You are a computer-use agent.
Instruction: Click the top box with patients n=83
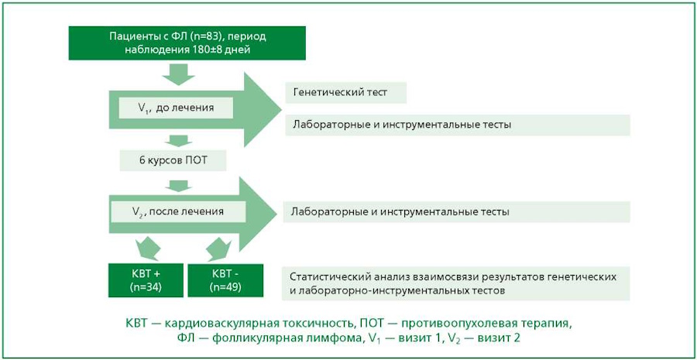tap(187, 43)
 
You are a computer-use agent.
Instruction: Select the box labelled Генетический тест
tap(346, 94)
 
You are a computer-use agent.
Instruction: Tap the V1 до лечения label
tap(176, 108)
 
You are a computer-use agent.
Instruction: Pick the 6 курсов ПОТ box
tap(173, 161)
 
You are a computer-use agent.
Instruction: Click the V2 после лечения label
tap(177, 211)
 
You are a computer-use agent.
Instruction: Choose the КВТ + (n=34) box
tap(146, 281)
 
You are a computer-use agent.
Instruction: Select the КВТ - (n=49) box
tap(225, 281)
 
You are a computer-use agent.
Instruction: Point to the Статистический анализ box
tap(456, 283)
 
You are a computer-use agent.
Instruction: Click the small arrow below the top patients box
tap(178, 74)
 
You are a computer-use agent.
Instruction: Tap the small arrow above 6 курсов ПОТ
tap(178, 141)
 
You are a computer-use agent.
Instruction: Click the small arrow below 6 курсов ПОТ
tap(178, 185)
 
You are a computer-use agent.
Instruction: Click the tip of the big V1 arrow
tap(281, 110)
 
